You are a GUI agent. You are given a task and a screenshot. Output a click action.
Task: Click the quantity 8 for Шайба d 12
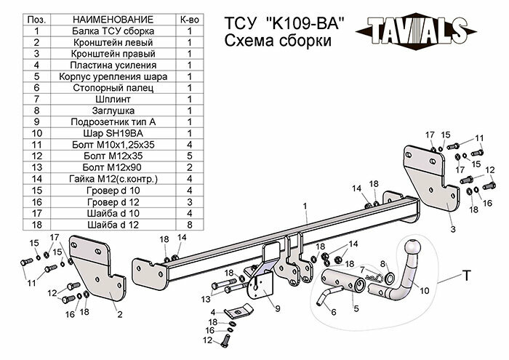point(189,224)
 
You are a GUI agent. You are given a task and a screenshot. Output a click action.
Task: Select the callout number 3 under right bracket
point(452,229)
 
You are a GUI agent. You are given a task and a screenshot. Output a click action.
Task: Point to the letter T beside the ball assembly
point(465,276)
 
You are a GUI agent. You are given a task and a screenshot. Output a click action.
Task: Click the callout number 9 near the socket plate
point(278,308)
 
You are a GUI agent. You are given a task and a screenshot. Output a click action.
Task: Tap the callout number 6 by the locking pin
point(334,312)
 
